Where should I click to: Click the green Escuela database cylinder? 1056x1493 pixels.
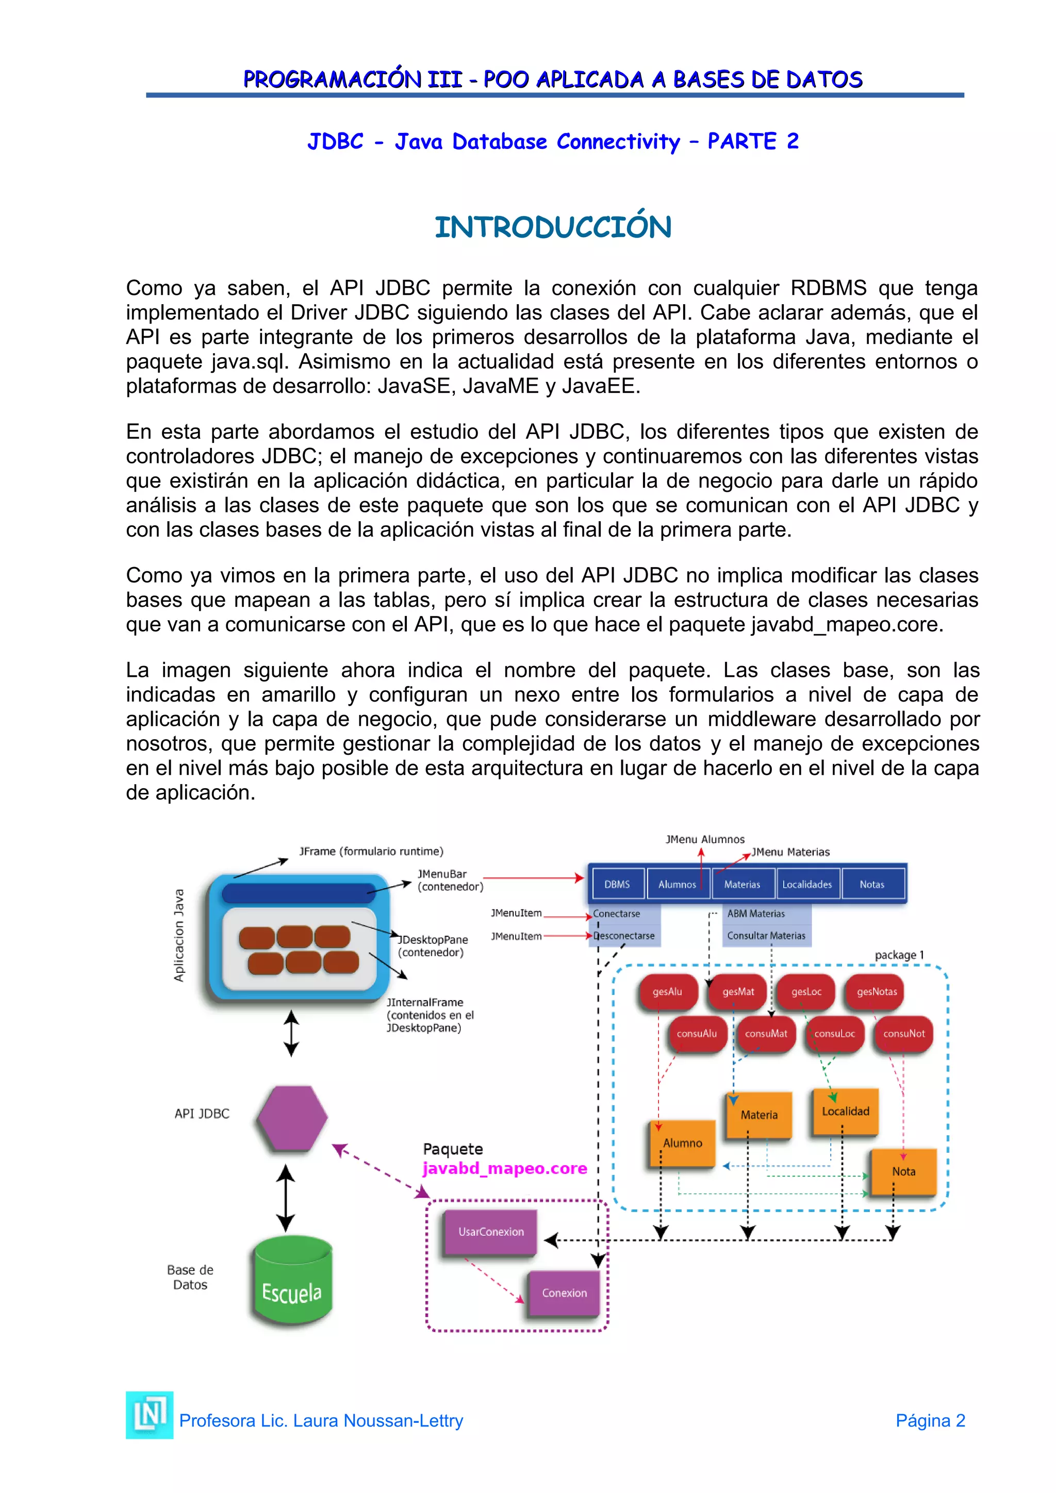tap(292, 1281)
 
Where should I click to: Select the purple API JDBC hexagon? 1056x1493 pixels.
tap(292, 1118)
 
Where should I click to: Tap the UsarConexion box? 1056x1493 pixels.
tap(490, 1232)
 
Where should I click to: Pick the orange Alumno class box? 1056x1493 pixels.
tap(682, 1142)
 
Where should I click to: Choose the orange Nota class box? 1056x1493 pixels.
tap(903, 1171)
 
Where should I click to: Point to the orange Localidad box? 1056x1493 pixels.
tap(845, 1112)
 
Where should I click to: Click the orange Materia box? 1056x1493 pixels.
tap(759, 1115)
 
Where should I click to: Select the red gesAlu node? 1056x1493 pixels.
tap(667, 992)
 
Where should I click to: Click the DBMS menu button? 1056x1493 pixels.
tap(617, 884)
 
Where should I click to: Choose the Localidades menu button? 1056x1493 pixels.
tap(807, 884)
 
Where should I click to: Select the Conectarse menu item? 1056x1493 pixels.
tap(617, 914)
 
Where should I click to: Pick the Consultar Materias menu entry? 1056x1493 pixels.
tap(766, 936)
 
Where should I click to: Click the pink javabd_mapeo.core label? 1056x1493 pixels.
tap(505, 1169)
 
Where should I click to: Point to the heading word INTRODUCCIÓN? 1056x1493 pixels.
tap(553, 227)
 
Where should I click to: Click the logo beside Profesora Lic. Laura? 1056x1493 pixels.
tap(150, 1415)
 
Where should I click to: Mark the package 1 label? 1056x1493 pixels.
tap(899, 955)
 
